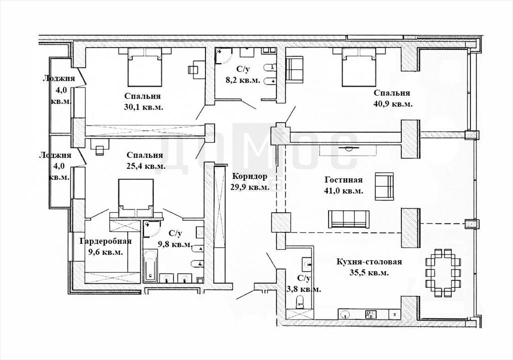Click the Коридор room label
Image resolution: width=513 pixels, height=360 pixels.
(x=249, y=176)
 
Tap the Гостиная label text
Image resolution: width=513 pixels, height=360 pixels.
(x=344, y=180)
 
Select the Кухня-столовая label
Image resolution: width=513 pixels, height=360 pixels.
(x=369, y=262)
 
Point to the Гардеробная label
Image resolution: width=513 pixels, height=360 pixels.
(x=106, y=241)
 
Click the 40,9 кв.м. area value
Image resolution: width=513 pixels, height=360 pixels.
(x=393, y=104)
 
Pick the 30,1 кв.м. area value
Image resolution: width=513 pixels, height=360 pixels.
(x=144, y=107)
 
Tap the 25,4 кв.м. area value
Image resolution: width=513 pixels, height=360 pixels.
(x=146, y=166)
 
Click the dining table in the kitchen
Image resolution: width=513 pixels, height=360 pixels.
(x=443, y=273)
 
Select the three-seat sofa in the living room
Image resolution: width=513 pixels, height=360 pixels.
(x=349, y=219)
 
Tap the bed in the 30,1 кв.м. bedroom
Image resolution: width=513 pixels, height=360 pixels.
(x=145, y=67)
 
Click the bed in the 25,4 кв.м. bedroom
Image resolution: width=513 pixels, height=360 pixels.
(x=136, y=198)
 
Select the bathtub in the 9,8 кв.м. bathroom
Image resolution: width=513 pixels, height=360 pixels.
(x=150, y=266)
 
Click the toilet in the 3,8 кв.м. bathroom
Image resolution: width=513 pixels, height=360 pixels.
(x=300, y=301)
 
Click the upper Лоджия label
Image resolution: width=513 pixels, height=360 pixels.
(x=59, y=78)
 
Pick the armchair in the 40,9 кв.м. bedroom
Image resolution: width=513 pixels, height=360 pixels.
(x=295, y=68)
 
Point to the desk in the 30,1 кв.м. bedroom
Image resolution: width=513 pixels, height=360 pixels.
(x=196, y=70)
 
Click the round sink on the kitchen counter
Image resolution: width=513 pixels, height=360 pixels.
(x=345, y=314)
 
